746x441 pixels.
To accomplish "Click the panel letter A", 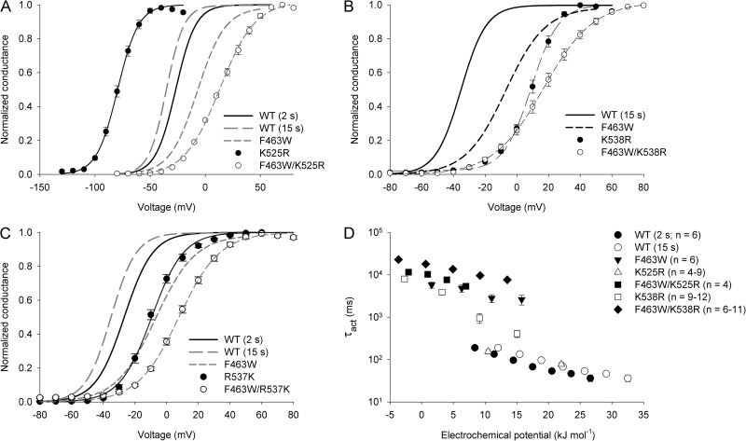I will (7, 8).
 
